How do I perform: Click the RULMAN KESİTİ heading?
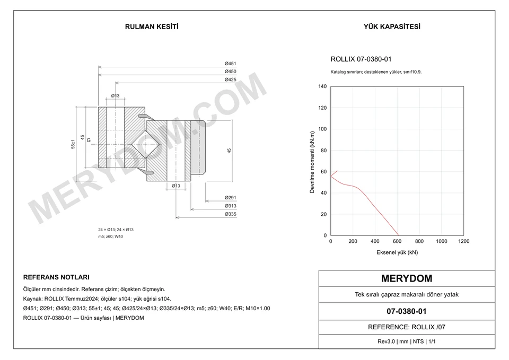(x=152, y=27)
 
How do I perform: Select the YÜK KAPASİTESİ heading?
(x=392, y=27)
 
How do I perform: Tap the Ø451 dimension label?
(x=231, y=64)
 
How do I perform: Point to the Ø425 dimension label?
(x=231, y=80)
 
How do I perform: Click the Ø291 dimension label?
(x=231, y=198)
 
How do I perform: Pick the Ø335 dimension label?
(x=231, y=214)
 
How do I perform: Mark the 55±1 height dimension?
(x=73, y=144)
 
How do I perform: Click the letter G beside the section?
(x=89, y=141)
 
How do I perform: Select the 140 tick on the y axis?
(x=323, y=86)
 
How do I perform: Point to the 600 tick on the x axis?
(x=397, y=241)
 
